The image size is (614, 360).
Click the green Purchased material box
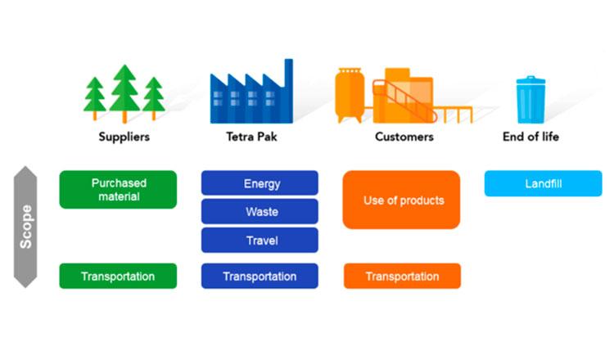(x=118, y=189)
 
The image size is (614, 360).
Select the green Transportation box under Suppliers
(x=118, y=276)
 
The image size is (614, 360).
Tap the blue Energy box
(x=260, y=182)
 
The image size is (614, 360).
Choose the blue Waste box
(x=260, y=211)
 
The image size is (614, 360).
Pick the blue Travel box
(x=260, y=240)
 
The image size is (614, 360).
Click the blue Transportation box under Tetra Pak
(x=260, y=276)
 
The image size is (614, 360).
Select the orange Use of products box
(x=401, y=200)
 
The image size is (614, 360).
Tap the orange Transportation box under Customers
(x=402, y=276)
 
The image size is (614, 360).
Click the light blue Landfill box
(x=543, y=183)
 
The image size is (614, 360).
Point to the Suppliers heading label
(x=124, y=137)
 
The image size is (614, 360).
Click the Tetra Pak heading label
(x=251, y=137)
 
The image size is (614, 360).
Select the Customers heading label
(x=404, y=137)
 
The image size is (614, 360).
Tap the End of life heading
(x=530, y=137)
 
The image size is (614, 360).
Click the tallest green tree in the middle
(x=124, y=93)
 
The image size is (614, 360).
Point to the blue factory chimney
(x=289, y=90)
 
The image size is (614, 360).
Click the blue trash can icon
(x=530, y=100)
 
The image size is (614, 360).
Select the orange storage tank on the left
(x=350, y=95)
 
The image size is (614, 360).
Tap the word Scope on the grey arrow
(x=26, y=227)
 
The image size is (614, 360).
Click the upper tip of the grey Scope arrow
(x=25, y=166)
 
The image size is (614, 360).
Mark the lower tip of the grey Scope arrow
(x=25, y=288)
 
